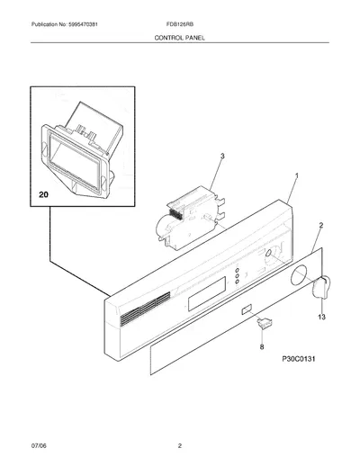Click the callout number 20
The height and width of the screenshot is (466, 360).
pyautogui.click(x=43, y=194)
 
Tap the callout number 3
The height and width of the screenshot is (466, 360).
pyautogui.click(x=222, y=156)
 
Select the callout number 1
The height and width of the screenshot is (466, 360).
pyautogui.click(x=297, y=175)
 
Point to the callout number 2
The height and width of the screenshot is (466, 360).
pyautogui.click(x=320, y=225)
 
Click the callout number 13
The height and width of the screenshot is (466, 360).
pyautogui.click(x=321, y=317)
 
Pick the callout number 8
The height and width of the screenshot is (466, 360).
pyautogui.click(x=262, y=347)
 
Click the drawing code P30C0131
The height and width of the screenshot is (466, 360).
pyautogui.click(x=299, y=359)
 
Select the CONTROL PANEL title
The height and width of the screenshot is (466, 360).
pyautogui.click(x=180, y=38)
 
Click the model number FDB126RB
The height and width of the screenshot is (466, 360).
pyautogui.click(x=180, y=24)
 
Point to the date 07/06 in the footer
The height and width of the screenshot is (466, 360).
pyautogui.click(x=39, y=445)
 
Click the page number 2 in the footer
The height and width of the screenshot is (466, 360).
pyautogui.click(x=180, y=445)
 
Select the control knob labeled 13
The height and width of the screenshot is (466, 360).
pyautogui.click(x=321, y=288)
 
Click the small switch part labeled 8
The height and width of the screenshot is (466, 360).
pyautogui.click(x=265, y=324)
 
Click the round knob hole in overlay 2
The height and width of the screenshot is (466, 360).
pyautogui.click(x=299, y=274)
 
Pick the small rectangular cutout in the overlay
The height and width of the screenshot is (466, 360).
pyautogui.click(x=247, y=309)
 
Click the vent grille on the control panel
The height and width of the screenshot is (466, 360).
pyautogui.click(x=145, y=309)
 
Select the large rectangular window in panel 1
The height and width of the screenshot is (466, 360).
pyautogui.click(x=207, y=293)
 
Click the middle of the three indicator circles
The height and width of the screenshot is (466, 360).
pyautogui.click(x=237, y=276)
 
